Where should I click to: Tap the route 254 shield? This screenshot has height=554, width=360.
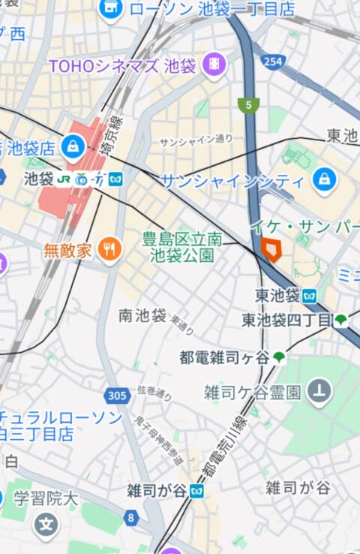(272, 62)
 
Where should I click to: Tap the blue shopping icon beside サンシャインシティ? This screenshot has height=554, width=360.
(324, 179)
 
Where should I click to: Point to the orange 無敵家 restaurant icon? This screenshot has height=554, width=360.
(109, 248)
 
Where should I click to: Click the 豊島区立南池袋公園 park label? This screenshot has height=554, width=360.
(181, 247)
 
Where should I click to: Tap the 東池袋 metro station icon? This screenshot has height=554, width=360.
(310, 295)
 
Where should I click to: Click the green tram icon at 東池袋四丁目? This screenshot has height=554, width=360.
(341, 320)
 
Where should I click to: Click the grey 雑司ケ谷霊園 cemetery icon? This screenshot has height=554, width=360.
(320, 390)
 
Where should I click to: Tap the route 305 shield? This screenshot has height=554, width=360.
(117, 395)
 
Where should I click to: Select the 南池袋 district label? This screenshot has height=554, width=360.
(142, 316)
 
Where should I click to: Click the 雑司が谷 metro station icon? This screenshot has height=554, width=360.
(197, 491)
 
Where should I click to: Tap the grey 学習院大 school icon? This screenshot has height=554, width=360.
(46, 524)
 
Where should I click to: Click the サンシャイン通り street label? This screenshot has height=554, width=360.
(196, 140)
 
